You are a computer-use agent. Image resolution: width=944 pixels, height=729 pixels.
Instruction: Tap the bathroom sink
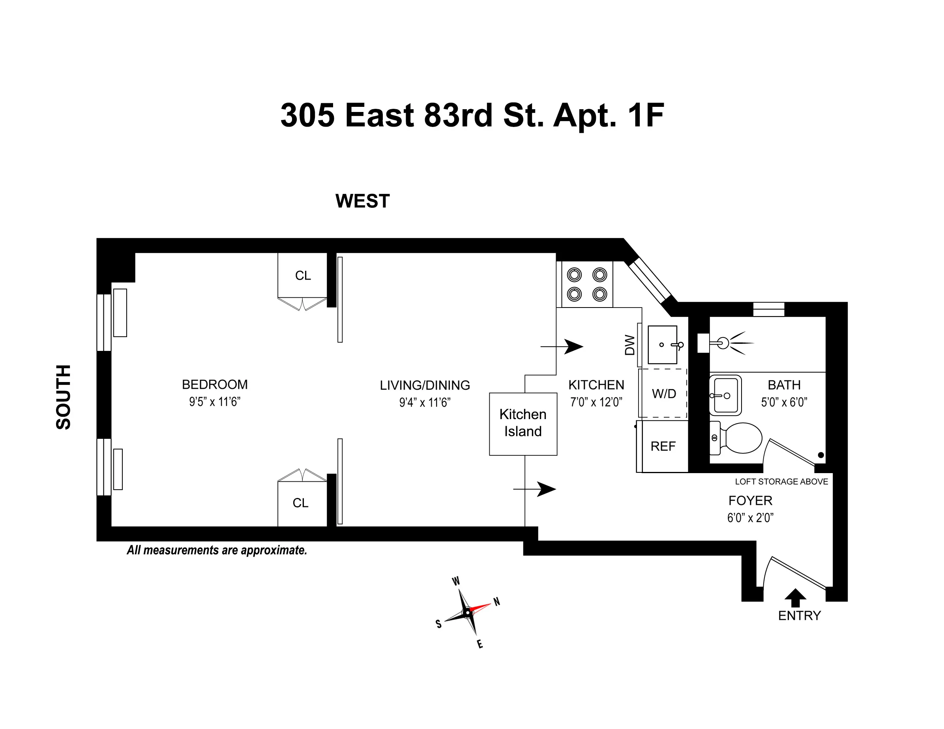[725, 395]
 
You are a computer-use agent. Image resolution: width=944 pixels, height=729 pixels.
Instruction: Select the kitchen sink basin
[662, 345]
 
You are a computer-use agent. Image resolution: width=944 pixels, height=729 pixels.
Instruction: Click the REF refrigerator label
[663, 446]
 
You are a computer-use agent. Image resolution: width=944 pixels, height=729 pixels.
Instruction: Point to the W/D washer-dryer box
[663, 393]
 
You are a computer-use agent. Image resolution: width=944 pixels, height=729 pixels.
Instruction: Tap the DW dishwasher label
[630, 345]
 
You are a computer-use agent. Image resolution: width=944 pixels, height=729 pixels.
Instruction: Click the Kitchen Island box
[523, 423]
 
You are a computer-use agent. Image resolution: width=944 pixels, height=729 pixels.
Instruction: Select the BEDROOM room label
[214, 384]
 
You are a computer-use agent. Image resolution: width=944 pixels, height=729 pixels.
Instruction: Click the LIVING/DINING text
[425, 385]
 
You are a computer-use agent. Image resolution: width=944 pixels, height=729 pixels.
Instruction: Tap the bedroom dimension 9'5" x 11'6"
[214, 402]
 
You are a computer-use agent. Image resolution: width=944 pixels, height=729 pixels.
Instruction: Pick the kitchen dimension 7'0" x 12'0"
[596, 402]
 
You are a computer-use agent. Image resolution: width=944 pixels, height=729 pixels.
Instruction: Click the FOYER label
[750, 501]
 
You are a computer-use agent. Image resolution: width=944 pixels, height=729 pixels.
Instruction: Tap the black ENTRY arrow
[795, 598]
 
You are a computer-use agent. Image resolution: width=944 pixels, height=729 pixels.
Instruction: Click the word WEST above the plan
[362, 201]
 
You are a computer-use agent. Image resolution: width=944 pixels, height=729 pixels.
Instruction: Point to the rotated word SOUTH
[64, 397]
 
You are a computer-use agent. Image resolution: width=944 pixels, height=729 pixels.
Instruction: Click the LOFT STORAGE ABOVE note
[781, 481]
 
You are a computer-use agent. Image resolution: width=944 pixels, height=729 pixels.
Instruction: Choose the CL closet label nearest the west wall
[303, 276]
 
